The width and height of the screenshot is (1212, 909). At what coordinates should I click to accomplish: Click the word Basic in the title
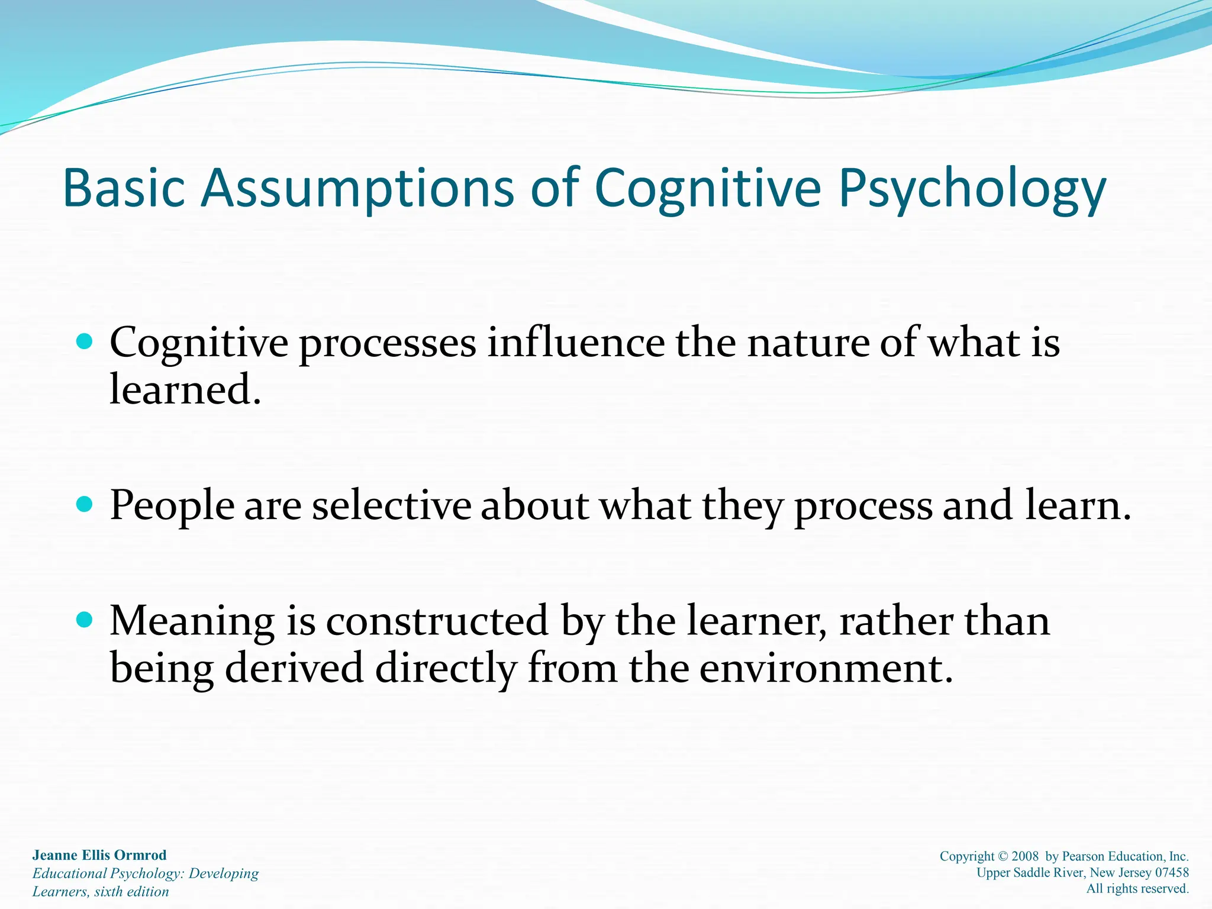[124, 188]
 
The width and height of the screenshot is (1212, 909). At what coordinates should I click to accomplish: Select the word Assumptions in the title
[357, 189]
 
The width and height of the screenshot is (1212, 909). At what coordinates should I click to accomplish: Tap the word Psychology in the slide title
[972, 189]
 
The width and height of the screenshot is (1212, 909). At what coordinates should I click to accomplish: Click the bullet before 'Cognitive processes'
[85, 341]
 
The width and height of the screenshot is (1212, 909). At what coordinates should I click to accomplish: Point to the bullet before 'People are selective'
[85, 504]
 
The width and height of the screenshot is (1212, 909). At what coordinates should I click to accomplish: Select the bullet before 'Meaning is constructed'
[85, 620]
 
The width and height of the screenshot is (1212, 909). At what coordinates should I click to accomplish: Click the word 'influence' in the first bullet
[575, 343]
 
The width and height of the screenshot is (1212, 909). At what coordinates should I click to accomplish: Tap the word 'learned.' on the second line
[185, 390]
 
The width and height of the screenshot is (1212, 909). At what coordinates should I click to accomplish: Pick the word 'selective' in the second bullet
[391, 505]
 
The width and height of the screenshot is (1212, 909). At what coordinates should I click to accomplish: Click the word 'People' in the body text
[172, 507]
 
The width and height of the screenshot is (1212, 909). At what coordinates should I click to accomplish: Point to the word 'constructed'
[437, 621]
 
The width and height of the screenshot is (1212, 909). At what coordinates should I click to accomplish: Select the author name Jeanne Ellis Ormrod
[99, 855]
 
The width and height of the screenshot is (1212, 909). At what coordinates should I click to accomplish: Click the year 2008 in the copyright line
[1025, 856]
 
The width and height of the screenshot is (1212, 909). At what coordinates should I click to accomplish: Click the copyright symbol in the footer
[1003, 856]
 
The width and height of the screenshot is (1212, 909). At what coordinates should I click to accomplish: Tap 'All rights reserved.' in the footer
[1137, 888]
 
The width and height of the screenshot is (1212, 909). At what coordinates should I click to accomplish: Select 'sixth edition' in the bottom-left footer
[131, 892]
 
